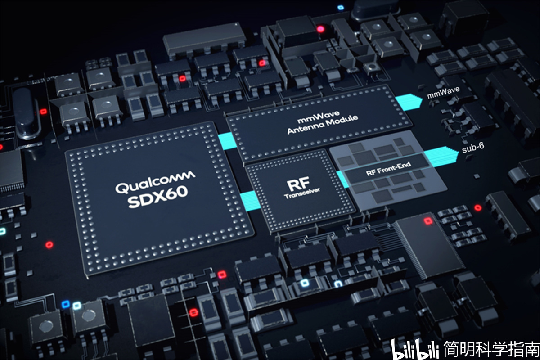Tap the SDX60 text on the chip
158,197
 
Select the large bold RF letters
298,184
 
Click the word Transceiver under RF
302,193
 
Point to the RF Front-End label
388,169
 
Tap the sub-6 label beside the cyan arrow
473,148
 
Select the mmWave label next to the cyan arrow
443,93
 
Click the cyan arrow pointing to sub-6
441,157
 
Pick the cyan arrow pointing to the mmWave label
409,102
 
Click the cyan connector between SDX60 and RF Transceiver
250,200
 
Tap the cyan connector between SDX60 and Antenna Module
227,141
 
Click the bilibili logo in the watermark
414,349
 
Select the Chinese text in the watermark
491,349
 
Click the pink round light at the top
320,29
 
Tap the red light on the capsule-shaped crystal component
43,112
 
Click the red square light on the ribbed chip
428,221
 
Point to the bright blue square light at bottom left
66,304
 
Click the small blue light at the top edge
340,8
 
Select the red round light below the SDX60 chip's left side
49,245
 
